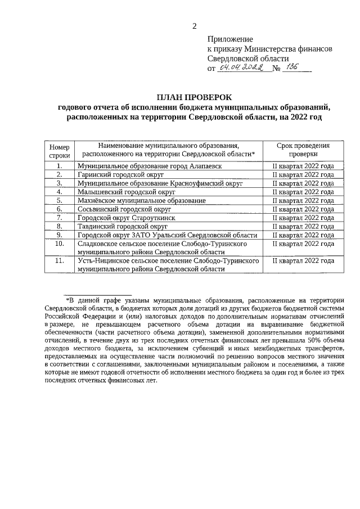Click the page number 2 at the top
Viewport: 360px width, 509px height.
(195, 26)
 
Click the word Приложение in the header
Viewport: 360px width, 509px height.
(230, 39)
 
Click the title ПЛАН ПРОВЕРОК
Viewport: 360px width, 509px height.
(195, 97)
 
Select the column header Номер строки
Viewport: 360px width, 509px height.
(59, 150)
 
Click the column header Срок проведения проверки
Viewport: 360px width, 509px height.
(303, 150)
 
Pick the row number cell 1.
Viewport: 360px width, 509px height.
(59, 166)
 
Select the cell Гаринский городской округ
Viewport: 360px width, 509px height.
(120, 175)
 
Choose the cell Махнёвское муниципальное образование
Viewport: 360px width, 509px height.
(141, 200)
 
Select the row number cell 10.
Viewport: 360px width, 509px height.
(59, 244)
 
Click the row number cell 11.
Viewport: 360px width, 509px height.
(59, 261)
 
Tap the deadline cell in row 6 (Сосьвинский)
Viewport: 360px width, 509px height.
(303, 209)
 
